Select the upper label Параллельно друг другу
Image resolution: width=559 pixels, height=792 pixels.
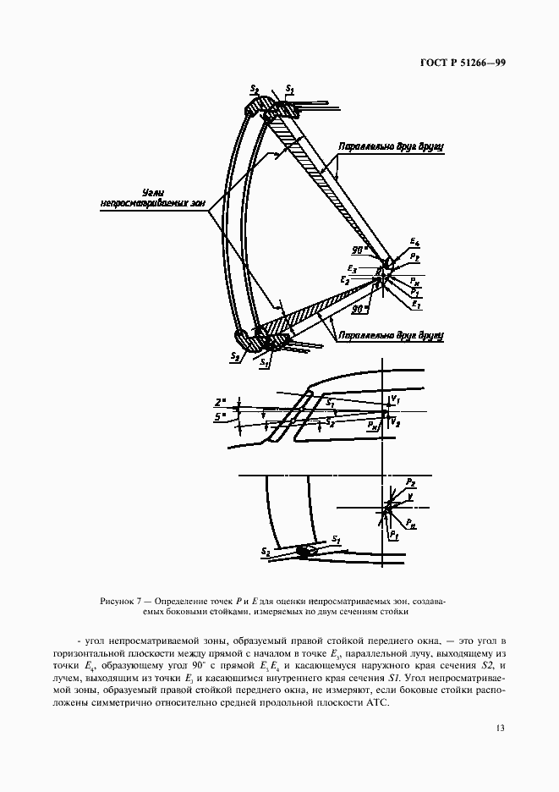[391, 146]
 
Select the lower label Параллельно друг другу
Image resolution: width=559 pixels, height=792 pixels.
[391, 336]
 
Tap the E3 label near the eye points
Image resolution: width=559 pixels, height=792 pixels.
[353, 270]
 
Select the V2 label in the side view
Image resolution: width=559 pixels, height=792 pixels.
[397, 420]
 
